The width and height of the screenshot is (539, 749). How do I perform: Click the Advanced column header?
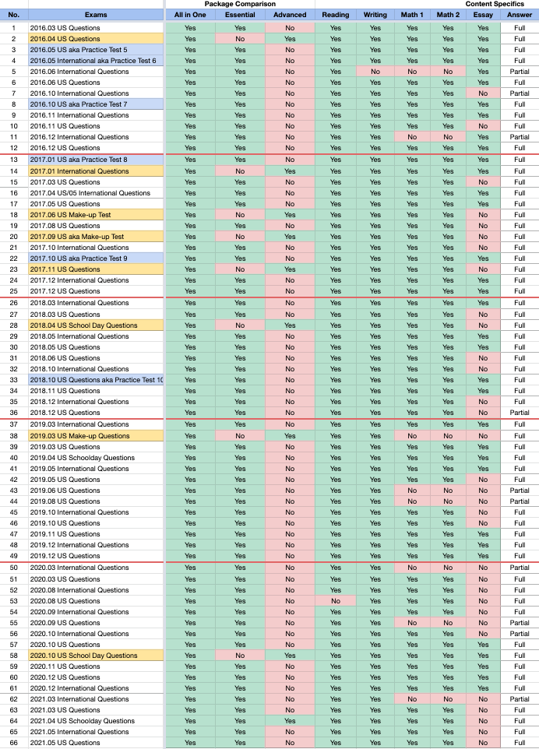pos(290,15)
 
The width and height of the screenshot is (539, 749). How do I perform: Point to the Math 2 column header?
pos(448,15)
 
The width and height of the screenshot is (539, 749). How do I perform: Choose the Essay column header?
pos(484,15)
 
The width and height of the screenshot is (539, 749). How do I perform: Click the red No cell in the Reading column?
pos(336,601)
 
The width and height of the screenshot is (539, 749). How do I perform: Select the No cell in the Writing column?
pos(375,71)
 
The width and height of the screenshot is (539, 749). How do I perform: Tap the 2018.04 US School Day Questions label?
pos(83,325)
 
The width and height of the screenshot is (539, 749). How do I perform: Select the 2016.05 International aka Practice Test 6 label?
pos(93,61)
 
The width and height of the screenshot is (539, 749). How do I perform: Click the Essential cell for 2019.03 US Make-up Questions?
pos(239,436)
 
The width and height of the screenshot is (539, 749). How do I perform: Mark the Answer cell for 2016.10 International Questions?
pos(519,93)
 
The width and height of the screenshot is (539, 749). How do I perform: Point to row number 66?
pos(13,743)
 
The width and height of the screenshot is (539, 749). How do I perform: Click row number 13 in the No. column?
pos(13,160)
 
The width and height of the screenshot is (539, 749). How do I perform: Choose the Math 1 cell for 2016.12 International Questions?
pos(411,137)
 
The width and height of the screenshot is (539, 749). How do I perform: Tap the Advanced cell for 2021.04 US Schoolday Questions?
pos(290,721)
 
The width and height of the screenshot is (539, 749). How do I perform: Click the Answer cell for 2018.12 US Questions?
pos(519,413)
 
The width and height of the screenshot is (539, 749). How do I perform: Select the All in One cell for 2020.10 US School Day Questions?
pos(190,656)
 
